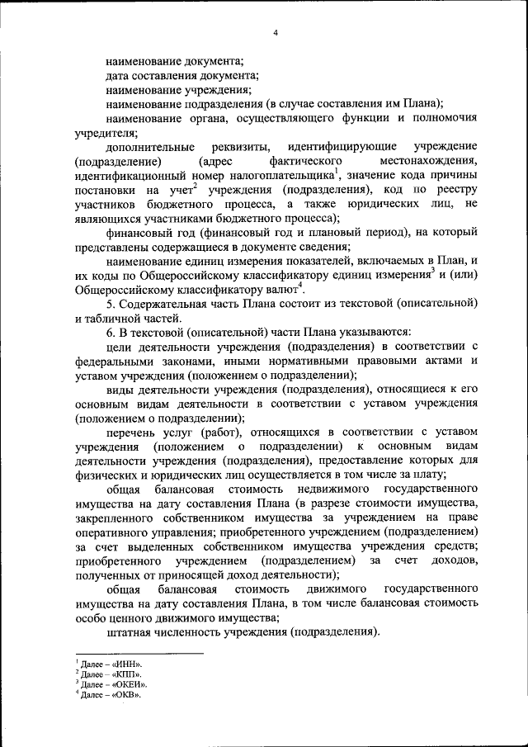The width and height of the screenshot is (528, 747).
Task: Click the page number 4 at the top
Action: tap(276, 33)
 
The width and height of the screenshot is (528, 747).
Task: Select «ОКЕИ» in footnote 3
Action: tap(132, 684)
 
